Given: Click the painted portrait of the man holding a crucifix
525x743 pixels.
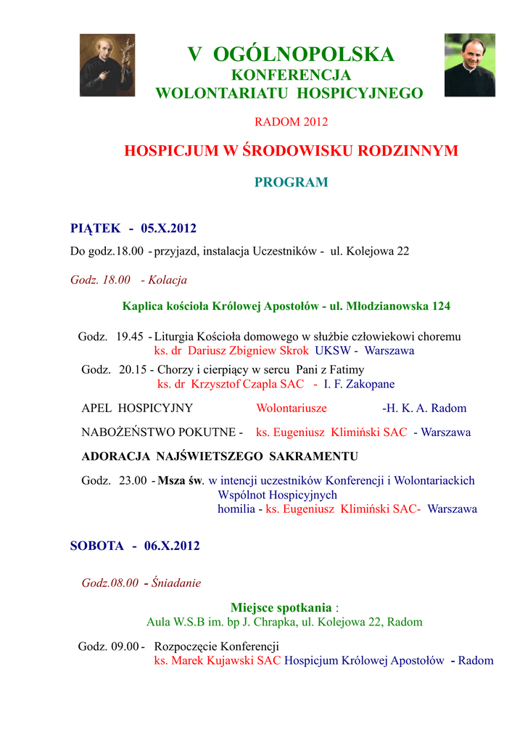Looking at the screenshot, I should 107,65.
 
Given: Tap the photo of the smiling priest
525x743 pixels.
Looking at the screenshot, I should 469,65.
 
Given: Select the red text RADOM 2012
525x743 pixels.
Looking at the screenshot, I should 291,122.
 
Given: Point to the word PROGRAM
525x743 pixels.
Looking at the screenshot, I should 291,182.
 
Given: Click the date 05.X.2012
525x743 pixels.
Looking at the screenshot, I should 169,229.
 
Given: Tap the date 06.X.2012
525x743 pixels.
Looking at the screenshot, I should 172,546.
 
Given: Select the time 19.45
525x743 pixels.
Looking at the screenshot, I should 130,337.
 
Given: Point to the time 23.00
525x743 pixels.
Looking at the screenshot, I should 131,480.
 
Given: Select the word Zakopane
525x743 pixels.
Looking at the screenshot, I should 371,384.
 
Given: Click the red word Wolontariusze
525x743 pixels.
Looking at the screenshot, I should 292,408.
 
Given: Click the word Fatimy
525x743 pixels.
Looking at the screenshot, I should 344,370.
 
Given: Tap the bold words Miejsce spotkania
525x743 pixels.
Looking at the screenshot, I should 281,607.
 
